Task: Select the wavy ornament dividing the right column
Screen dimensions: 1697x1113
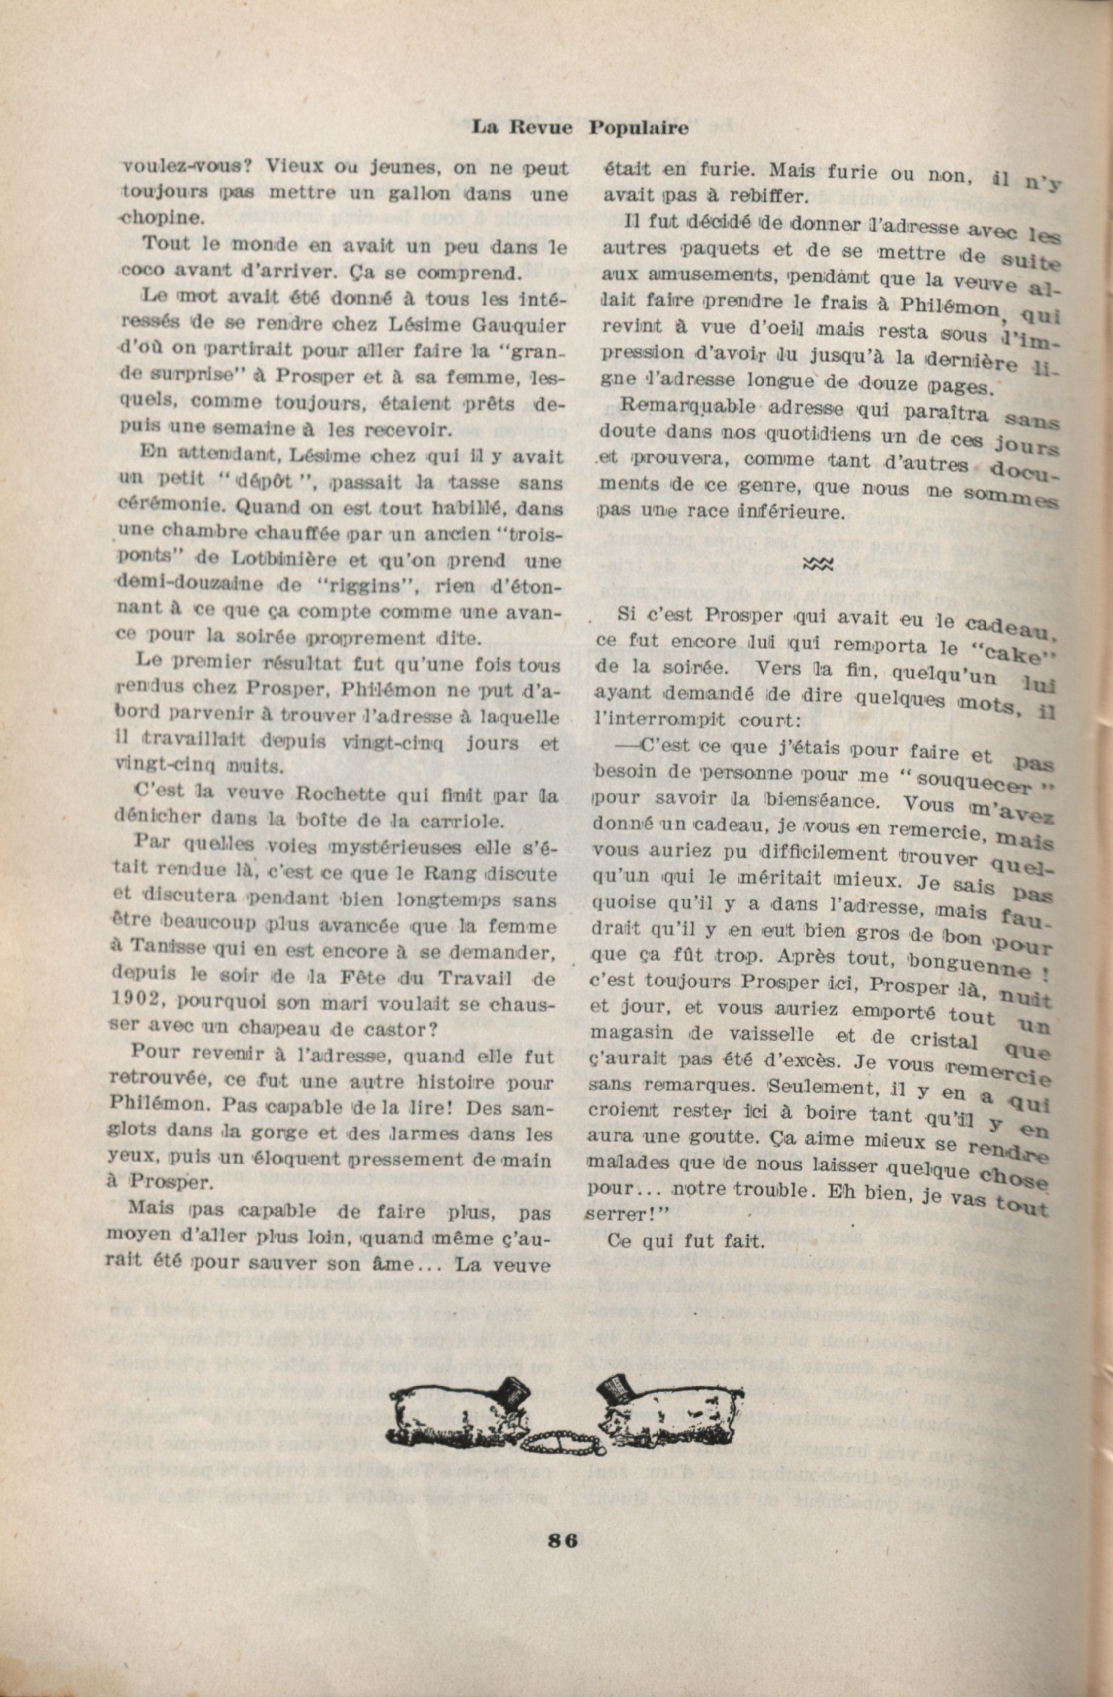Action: [x=818, y=565]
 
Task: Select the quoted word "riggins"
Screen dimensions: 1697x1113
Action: [x=340, y=587]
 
